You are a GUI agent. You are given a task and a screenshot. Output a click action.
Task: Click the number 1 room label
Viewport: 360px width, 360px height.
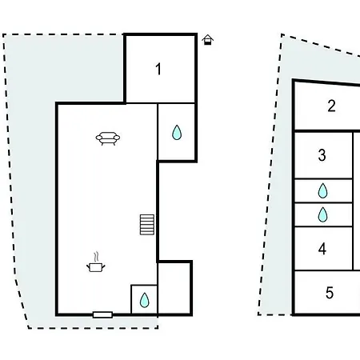pos(158,69)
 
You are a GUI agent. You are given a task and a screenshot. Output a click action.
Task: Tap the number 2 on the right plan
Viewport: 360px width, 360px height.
pos(331,106)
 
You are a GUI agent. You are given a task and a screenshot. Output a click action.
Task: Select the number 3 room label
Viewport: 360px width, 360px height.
pos(322,155)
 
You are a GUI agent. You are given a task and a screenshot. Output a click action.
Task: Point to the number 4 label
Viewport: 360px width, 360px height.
pos(322,249)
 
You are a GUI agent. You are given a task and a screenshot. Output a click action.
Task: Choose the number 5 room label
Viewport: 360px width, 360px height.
pos(330,293)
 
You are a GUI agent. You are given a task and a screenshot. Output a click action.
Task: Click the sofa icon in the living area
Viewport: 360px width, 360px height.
pos(108,138)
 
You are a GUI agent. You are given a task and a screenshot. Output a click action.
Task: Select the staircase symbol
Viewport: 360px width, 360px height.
pos(147,225)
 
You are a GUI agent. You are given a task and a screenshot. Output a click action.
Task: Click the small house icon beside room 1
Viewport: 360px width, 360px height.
pos(208,40)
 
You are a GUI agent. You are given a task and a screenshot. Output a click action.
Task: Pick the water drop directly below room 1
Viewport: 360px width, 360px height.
pos(177,133)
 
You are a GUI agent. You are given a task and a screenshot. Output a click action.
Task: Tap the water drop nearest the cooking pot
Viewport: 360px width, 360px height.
pos(145,300)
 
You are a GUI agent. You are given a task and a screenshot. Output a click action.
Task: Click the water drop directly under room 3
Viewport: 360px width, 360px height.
pos(322,190)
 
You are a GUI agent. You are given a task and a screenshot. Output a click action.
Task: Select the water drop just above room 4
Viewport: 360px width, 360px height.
pos(322,214)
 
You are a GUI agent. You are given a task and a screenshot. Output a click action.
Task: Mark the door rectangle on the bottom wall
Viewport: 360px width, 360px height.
pos(102,315)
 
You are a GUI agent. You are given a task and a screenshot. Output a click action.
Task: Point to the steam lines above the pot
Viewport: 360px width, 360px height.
pos(97,257)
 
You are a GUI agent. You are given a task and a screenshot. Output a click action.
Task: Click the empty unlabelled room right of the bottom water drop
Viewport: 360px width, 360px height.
pos(174,289)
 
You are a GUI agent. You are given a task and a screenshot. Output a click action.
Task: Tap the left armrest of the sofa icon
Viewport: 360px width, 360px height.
pos(99,138)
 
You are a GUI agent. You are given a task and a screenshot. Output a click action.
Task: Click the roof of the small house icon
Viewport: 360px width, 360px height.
pos(208,37)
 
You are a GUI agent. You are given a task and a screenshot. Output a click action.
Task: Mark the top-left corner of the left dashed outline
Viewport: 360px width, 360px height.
pos(3,34)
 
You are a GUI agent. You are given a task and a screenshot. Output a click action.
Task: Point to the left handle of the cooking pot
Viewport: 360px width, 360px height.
pos(88,266)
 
